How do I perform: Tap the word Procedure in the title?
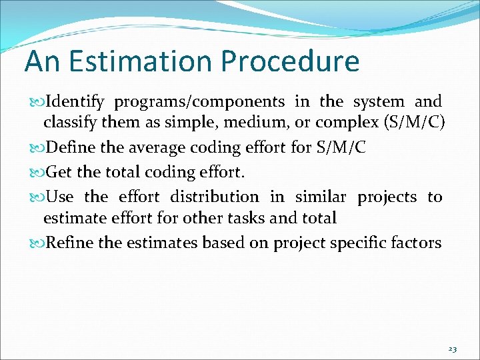pos(290,61)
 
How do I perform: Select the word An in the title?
pos(42,61)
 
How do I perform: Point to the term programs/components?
pos(199,103)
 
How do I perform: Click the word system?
pos(379,102)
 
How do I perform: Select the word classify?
pos(67,123)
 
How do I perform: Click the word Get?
pos(60,173)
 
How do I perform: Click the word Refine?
pos(70,243)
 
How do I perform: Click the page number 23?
pos(453,349)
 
